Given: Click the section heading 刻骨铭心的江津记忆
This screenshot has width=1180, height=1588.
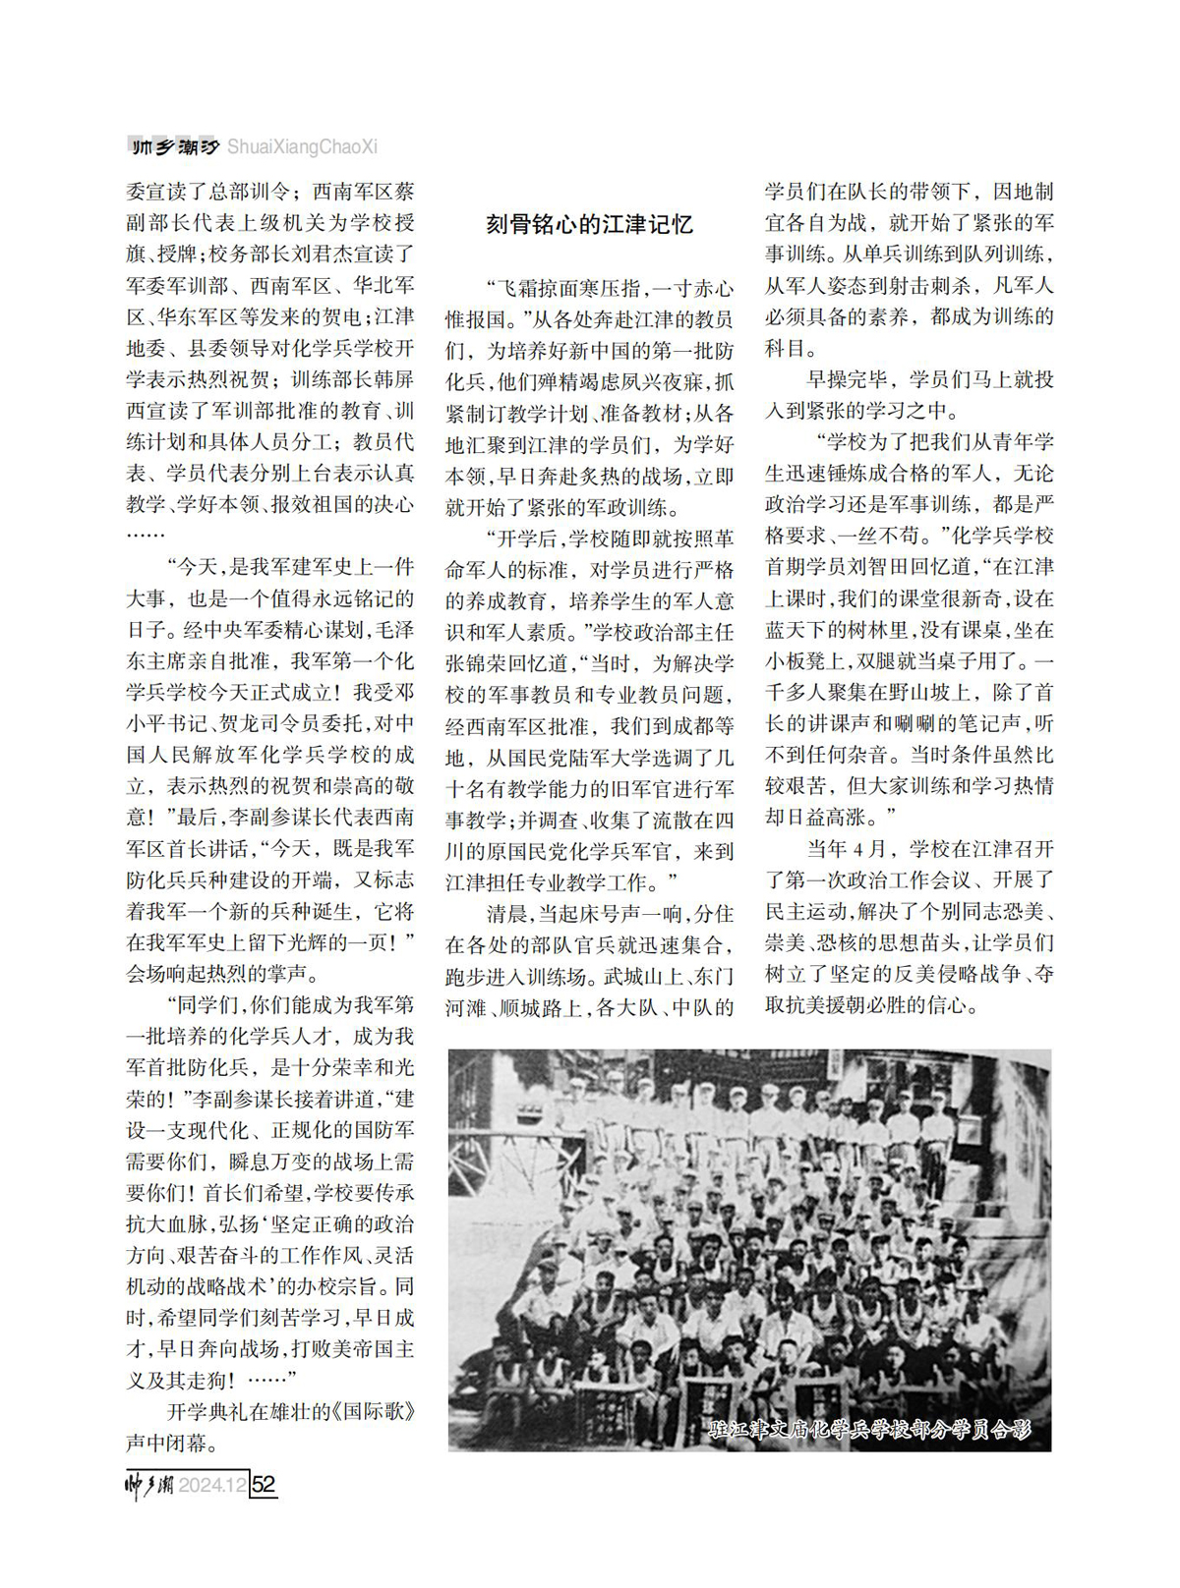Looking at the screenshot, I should [x=589, y=225].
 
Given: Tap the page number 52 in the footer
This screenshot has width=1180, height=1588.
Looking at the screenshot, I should [x=264, y=1484].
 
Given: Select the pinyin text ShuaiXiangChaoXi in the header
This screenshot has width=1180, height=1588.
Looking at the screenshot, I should [x=302, y=147].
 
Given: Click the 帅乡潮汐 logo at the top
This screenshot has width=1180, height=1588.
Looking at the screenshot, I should [x=173, y=147].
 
